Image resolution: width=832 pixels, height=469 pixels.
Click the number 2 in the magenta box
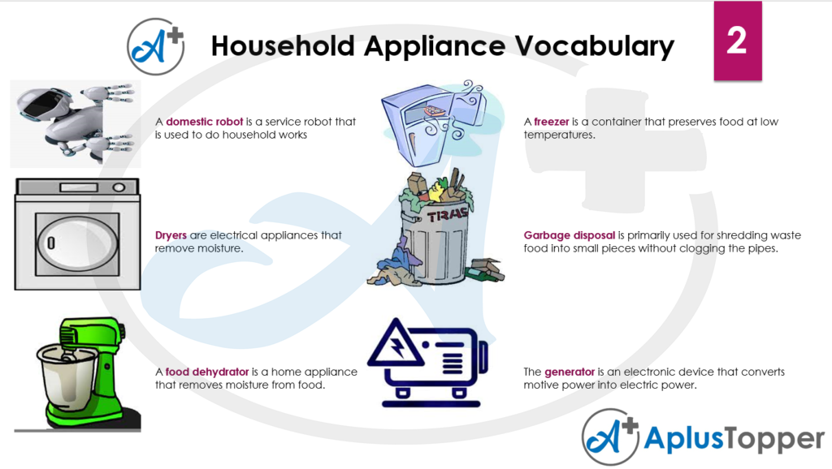click(x=737, y=41)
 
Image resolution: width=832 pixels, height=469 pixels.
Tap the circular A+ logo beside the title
click(x=156, y=46)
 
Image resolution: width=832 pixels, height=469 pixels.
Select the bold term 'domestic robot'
click(x=204, y=122)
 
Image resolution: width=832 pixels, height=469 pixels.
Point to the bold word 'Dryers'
click(x=171, y=235)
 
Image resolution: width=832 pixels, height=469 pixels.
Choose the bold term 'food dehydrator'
click(x=207, y=372)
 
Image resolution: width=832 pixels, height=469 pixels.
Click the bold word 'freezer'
click(x=552, y=122)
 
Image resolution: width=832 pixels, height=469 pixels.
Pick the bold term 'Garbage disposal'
click(x=570, y=235)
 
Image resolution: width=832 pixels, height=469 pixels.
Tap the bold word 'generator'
click(x=570, y=372)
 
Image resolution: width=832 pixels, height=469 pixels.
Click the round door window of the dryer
click(x=78, y=244)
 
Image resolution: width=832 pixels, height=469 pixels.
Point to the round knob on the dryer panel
click(x=119, y=187)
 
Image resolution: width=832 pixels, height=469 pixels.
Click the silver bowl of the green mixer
click(x=67, y=376)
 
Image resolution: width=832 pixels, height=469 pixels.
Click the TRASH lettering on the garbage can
click(x=448, y=215)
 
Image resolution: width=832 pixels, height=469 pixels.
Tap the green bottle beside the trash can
click(x=484, y=274)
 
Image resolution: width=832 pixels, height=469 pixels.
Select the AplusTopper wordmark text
click(x=734, y=439)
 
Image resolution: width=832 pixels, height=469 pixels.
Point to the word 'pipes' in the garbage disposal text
click(x=761, y=248)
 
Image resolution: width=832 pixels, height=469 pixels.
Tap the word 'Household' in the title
click(x=283, y=46)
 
